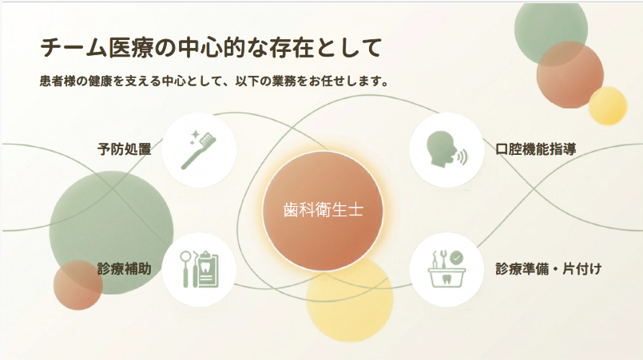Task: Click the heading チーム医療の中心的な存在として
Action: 211,48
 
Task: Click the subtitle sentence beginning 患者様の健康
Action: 213,81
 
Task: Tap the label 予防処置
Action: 125,148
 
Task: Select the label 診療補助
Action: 125,269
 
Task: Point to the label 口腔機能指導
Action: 535,148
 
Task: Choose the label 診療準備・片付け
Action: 549,269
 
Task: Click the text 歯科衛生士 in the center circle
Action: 323,210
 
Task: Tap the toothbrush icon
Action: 199,150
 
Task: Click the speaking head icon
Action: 447,149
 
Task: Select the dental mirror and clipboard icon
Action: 200,269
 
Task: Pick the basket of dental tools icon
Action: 447,269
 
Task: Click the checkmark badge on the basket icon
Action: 456,258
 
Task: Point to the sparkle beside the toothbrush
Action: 196,135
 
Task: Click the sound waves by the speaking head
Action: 463,156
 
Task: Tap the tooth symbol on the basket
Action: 447,279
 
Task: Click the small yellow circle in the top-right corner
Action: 607,106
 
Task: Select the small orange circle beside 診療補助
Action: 78,284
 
